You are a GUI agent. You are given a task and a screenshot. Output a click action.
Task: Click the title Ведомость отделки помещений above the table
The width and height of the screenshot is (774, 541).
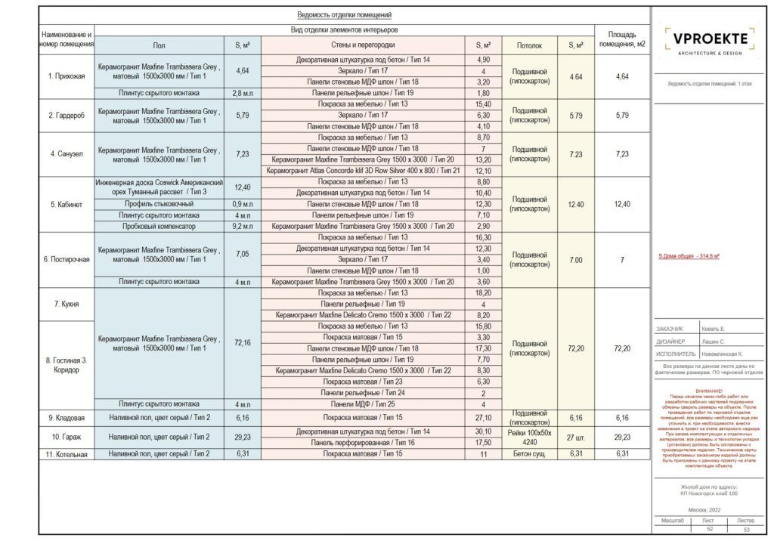click(344, 15)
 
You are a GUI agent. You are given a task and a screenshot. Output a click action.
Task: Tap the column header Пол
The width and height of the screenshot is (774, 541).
click(159, 45)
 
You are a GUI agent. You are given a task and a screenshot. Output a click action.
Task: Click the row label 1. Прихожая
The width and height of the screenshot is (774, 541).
click(67, 76)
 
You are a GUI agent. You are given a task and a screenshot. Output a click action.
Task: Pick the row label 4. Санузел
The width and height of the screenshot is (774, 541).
click(67, 154)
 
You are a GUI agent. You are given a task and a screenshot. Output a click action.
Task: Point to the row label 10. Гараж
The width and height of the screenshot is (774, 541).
click(67, 437)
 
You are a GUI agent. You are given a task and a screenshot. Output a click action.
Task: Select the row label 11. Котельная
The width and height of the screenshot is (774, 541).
click(67, 454)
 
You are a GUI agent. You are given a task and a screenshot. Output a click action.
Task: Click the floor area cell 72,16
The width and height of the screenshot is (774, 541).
click(243, 342)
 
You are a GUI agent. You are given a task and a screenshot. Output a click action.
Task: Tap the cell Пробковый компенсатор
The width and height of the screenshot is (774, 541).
click(159, 226)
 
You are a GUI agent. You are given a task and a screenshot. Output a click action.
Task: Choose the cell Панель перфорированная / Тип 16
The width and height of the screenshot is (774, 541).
click(363, 442)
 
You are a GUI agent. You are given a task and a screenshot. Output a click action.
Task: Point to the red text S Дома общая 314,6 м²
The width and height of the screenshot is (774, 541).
click(689, 256)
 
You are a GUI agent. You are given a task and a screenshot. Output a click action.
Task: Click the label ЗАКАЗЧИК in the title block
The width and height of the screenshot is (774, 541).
click(670, 329)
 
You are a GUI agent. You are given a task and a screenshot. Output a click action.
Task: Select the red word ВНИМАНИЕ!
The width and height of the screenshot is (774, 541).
click(708, 391)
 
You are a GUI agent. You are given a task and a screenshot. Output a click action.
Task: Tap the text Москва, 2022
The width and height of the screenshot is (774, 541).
click(707, 511)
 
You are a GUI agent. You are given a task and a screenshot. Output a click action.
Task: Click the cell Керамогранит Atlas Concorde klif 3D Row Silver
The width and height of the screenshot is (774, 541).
click(363, 171)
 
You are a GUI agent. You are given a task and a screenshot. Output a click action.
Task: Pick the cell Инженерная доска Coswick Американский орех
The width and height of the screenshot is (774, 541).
click(159, 187)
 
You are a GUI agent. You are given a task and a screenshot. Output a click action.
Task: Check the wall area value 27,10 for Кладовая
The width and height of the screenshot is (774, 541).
click(484, 417)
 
